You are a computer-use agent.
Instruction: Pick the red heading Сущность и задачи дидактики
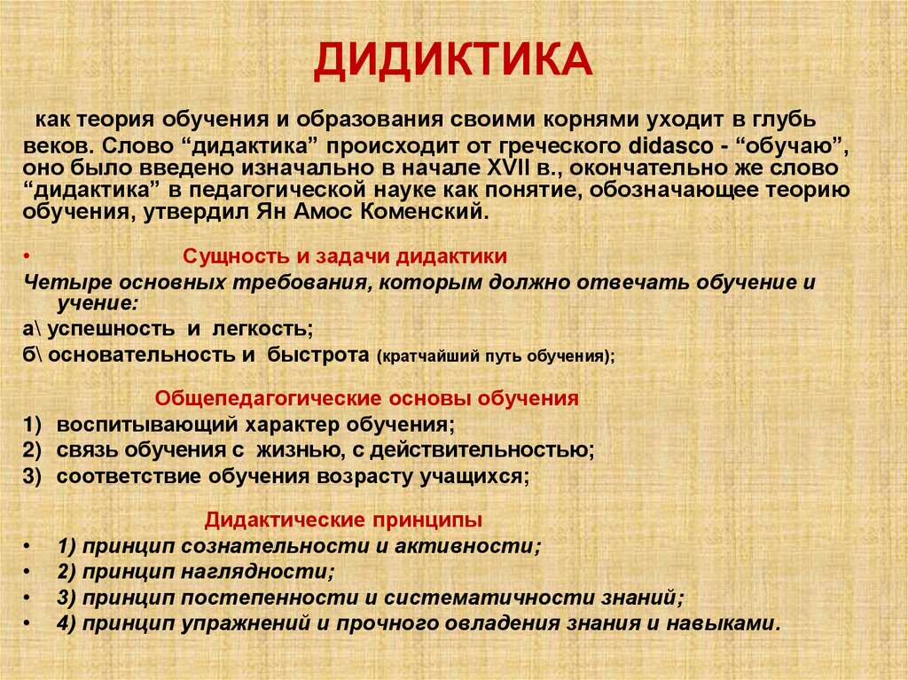coord(345,257)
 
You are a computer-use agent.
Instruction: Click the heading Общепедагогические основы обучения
coord(367,398)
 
